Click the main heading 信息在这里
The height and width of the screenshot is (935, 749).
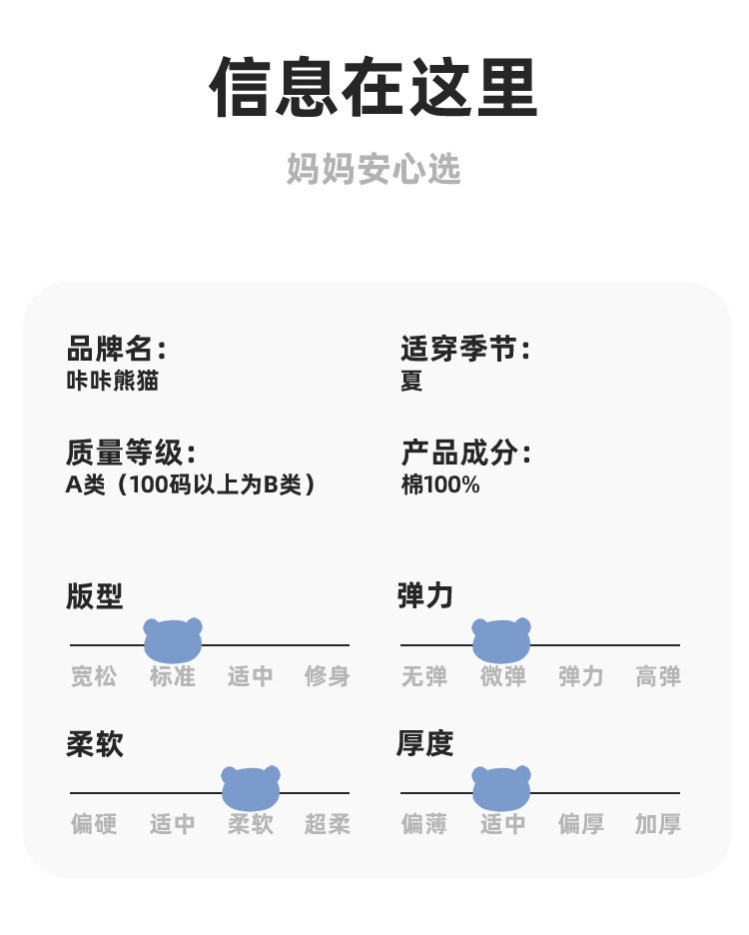click(x=374, y=88)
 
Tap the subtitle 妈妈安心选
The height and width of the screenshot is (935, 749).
click(x=374, y=169)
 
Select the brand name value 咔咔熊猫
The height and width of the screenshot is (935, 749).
click(x=112, y=381)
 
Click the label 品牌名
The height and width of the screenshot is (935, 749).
click(x=115, y=350)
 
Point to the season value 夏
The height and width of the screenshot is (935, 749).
click(x=411, y=381)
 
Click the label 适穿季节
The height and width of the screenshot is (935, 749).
click(x=464, y=350)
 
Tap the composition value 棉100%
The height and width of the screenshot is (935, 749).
click(x=440, y=485)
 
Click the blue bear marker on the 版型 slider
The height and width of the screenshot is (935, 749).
click(x=173, y=639)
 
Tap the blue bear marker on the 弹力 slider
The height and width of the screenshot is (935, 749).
click(x=501, y=639)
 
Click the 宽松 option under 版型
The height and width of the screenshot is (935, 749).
click(x=94, y=676)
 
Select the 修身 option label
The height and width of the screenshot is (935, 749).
click(x=328, y=676)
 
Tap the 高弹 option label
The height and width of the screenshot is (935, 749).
click(x=658, y=676)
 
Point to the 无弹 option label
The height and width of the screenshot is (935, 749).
click(x=424, y=676)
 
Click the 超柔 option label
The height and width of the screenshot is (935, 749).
click(x=328, y=824)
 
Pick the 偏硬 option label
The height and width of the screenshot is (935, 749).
click(x=94, y=824)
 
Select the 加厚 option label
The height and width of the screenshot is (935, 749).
click(x=658, y=824)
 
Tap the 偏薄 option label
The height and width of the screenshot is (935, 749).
click(x=424, y=824)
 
